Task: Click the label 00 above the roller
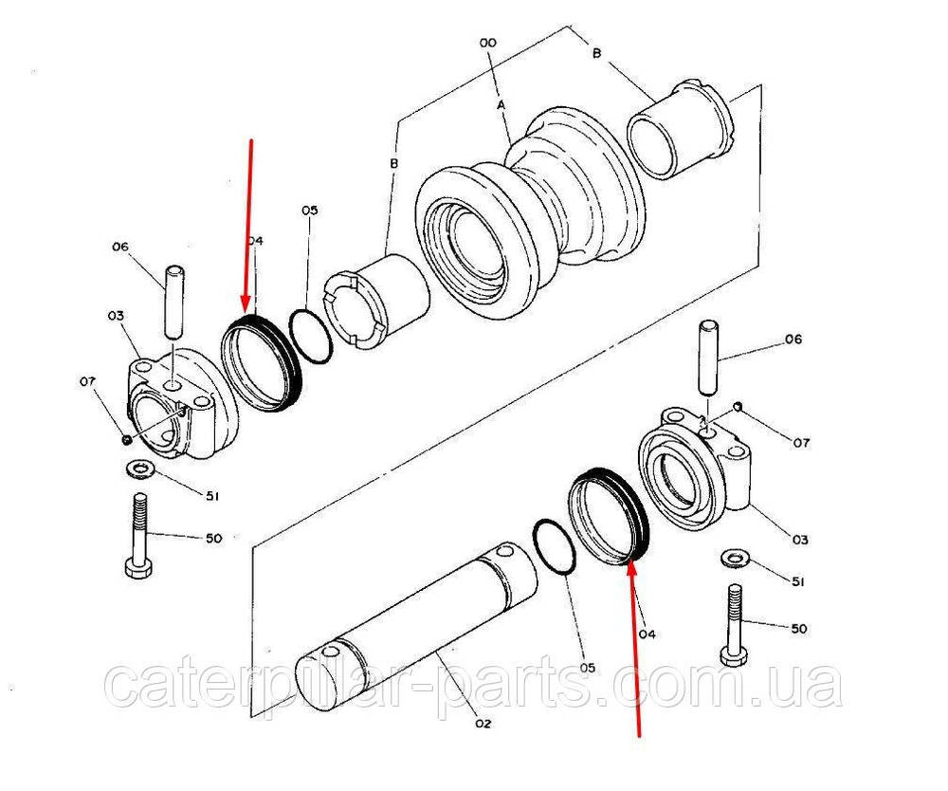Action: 488,43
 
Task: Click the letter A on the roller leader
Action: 501,106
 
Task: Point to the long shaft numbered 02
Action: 417,616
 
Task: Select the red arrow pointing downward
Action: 250,228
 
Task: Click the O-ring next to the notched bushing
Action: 311,337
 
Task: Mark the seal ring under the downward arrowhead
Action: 261,365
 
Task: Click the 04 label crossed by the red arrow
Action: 253,241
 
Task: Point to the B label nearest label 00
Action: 596,54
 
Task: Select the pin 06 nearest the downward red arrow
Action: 175,302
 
